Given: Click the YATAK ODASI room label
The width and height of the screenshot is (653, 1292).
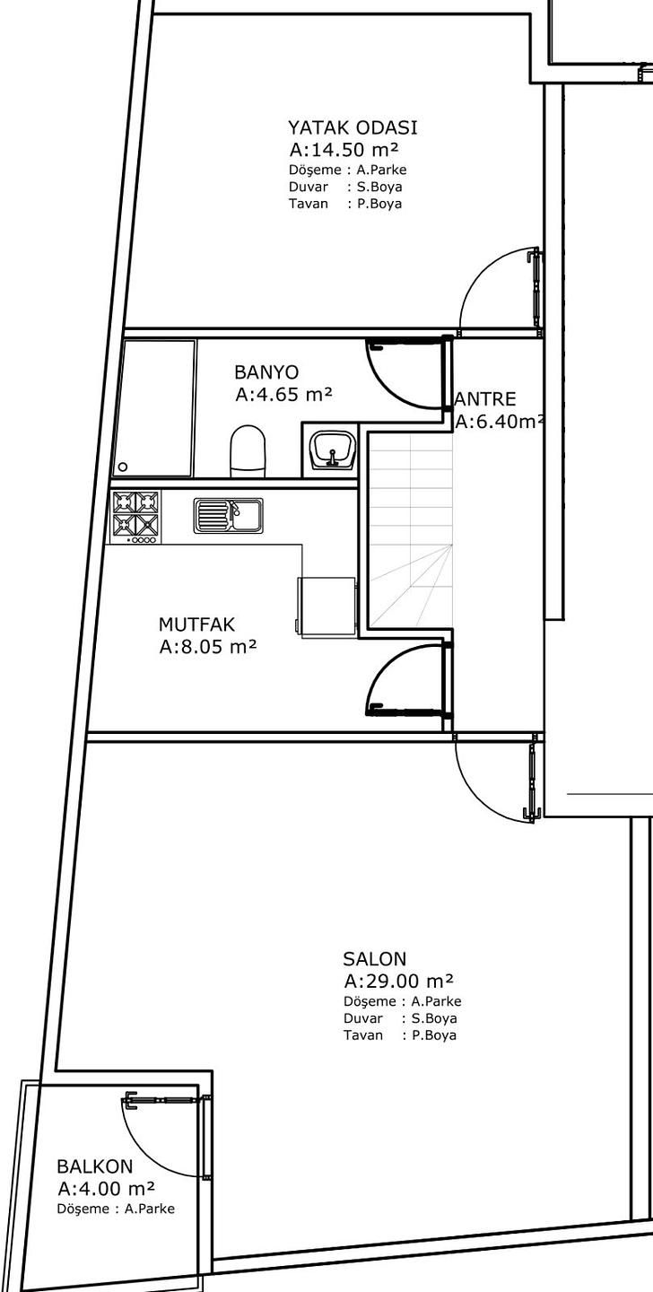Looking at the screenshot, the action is pyautogui.click(x=353, y=127).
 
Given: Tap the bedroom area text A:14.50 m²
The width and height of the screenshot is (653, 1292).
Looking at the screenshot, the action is pyautogui.click(x=344, y=150).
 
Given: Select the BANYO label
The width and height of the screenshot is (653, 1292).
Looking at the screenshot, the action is pyautogui.click(x=266, y=372).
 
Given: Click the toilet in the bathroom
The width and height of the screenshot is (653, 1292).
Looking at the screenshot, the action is pyautogui.click(x=248, y=451).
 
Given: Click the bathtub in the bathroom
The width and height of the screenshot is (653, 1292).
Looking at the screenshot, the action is pyautogui.click(x=153, y=407).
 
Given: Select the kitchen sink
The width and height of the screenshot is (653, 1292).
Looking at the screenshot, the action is pyautogui.click(x=229, y=516).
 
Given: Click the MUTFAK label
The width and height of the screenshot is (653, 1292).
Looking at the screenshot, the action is pyautogui.click(x=196, y=624).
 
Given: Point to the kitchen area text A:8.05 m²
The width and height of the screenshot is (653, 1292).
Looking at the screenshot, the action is pyautogui.click(x=208, y=647).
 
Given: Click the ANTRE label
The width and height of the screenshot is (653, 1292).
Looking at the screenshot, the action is pyautogui.click(x=485, y=399).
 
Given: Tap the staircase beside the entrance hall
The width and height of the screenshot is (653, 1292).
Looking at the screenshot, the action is pyautogui.click(x=410, y=529).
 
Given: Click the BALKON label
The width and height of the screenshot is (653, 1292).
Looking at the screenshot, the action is pyautogui.click(x=94, y=1166).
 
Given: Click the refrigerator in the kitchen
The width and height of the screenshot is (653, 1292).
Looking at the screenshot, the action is pyautogui.click(x=326, y=607).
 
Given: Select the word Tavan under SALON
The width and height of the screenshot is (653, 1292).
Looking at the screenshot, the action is pyautogui.click(x=363, y=1034).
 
